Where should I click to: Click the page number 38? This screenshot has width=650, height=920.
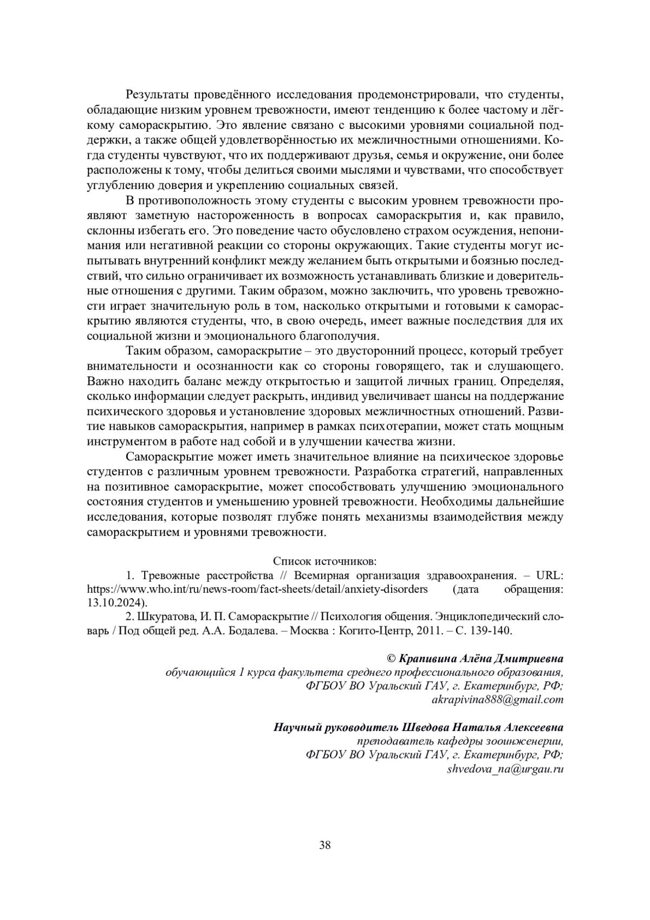(325, 845)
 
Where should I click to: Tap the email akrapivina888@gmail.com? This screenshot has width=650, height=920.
(497, 699)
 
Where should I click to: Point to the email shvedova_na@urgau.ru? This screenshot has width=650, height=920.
(505, 769)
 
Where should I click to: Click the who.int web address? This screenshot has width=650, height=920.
(257, 589)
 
